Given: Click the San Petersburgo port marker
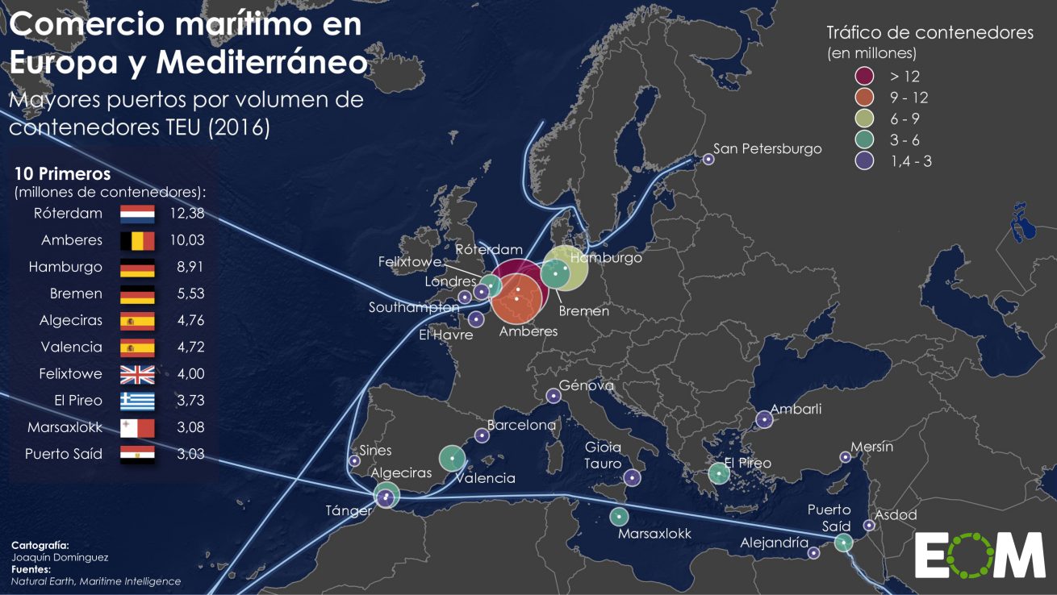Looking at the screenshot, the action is click(708, 159).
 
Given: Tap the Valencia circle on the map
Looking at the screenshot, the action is click(452, 459).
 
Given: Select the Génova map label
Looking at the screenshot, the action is click(587, 385).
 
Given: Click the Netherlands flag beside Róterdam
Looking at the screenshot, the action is click(137, 214).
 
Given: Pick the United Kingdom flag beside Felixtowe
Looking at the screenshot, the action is click(137, 374).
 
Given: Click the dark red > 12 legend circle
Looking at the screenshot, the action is click(866, 77).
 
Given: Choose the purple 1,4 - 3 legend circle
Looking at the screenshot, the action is click(866, 160).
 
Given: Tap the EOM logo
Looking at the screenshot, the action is click(980, 555).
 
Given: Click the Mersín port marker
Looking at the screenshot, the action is click(845, 457).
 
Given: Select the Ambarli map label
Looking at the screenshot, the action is click(796, 409).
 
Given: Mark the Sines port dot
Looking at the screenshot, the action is click(354, 460).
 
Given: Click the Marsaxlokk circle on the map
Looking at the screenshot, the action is click(619, 516).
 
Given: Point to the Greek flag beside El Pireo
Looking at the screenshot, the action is click(137, 401).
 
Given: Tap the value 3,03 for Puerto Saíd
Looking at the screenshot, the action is click(190, 454).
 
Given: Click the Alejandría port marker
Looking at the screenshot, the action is click(814, 553).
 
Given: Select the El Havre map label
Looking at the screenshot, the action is click(446, 335).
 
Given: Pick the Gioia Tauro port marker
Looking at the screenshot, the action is click(632, 478).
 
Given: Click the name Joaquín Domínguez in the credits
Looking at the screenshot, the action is click(60, 557).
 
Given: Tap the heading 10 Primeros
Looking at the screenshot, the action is click(63, 173).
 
